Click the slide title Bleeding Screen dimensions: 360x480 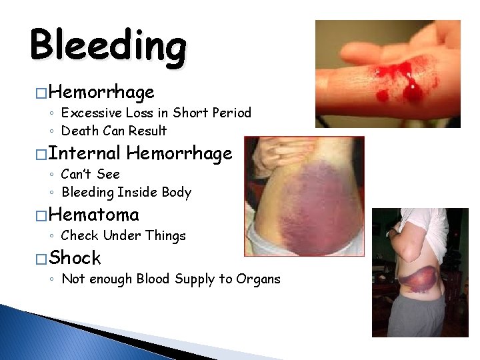(x=108, y=45)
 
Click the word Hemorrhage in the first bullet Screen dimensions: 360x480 (x=101, y=91)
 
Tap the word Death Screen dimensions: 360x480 (x=79, y=131)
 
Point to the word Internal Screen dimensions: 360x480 (x=85, y=153)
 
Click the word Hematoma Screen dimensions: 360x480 (x=94, y=215)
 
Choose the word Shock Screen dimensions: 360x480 (x=75, y=258)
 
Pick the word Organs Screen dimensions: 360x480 (x=258, y=279)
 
